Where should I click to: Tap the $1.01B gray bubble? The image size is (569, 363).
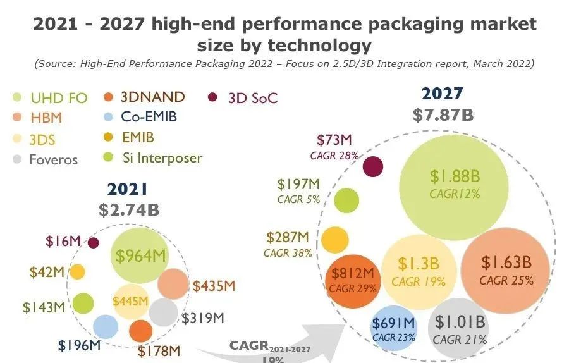pyautogui.click(x=459, y=331)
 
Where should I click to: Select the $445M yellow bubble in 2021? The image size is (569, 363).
pyautogui.click(x=130, y=301)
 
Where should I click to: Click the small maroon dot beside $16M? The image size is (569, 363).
pyautogui.click(x=94, y=243)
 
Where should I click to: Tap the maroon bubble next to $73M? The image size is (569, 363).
pyautogui.click(x=373, y=166)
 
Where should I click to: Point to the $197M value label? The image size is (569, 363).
pyautogui.click(x=298, y=184)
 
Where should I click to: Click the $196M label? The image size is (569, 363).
pyautogui.click(x=80, y=345)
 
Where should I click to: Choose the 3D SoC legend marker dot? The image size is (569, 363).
pyautogui.click(x=213, y=97)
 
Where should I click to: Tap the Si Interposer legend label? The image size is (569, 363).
pyautogui.click(x=161, y=157)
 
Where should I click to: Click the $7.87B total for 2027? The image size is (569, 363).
pyautogui.click(x=443, y=116)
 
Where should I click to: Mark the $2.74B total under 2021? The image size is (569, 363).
pyautogui.click(x=129, y=210)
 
